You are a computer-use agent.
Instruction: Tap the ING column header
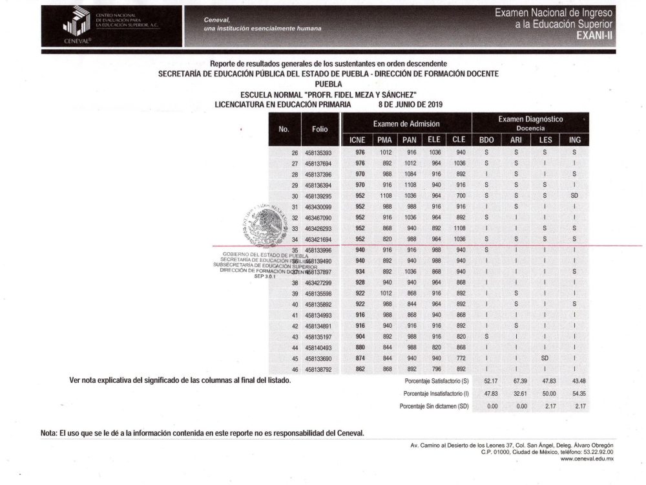(x=574, y=140)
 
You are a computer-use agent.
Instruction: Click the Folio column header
(x=320, y=129)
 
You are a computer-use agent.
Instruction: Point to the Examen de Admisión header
(x=406, y=124)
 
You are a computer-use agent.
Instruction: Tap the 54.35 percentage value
(x=574, y=393)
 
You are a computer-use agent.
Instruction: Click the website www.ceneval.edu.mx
(x=587, y=458)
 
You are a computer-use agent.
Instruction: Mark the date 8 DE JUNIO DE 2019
(x=410, y=104)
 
